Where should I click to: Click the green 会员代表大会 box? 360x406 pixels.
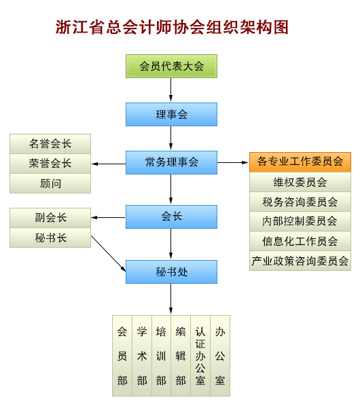(x=171, y=66)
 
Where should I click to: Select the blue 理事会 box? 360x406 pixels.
(x=171, y=115)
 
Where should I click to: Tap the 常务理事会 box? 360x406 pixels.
(x=171, y=163)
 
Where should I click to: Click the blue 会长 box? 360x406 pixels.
(x=171, y=217)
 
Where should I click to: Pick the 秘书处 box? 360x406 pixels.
(x=171, y=272)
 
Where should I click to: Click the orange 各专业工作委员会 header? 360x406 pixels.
(x=300, y=162)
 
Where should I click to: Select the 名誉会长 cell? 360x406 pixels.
(x=50, y=144)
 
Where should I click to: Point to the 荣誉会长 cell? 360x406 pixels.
(x=50, y=164)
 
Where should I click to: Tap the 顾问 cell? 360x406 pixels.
(x=50, y=183)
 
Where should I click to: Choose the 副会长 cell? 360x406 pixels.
(x=50, y=218)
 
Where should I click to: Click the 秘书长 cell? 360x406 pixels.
(x=50, y=238)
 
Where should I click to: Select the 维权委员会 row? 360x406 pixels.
(x=300, y=182)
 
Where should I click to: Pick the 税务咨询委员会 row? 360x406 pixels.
(x=300, y=202)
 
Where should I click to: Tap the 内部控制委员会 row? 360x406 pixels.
(x=300, y=221)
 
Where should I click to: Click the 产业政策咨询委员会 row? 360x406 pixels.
(x=300, y=261)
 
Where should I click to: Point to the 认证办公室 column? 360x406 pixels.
(x=200, y=356)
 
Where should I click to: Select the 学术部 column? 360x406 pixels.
(x=142, y=356)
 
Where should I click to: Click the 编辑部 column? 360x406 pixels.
(x=181, y=356)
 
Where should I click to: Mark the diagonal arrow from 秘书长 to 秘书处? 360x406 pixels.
(x=109, y=253)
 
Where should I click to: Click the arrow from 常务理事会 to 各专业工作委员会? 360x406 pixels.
(x=233, y=163)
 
